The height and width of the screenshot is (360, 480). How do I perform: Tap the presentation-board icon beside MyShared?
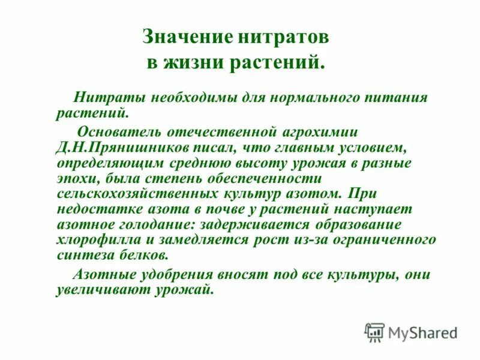374,332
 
